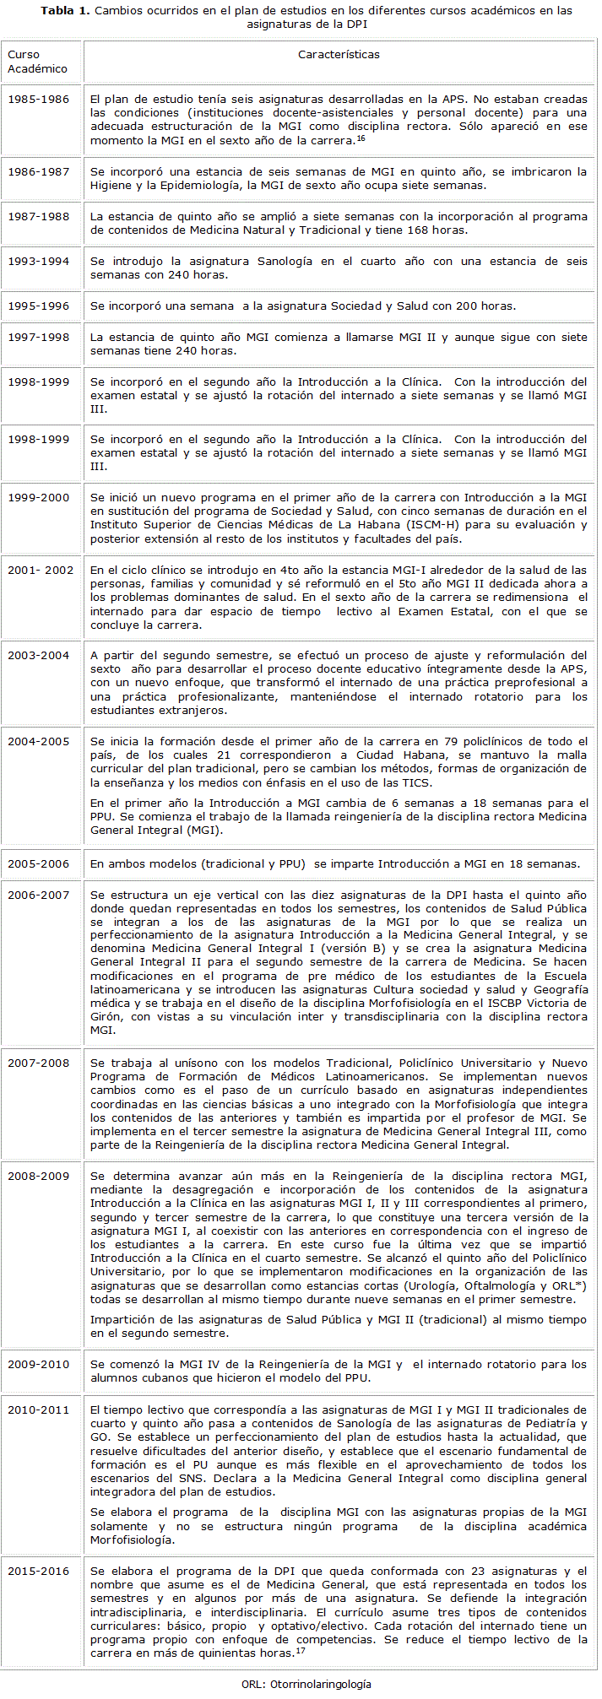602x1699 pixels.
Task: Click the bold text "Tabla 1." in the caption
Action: (65, 11)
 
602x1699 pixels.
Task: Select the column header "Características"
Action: (339, 55)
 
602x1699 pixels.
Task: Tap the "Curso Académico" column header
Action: (37, 62)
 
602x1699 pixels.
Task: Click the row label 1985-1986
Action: (39, 100)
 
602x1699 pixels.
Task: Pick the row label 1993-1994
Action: (39, 262)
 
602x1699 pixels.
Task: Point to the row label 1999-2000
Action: (39, 498)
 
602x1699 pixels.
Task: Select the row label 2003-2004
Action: (39, 656)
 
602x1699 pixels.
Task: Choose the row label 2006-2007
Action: (39, 895)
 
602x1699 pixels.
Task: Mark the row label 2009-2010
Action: (39, 1365)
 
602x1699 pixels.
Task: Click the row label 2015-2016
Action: (39, 1572)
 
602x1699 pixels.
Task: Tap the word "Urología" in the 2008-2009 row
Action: (431, 1285)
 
